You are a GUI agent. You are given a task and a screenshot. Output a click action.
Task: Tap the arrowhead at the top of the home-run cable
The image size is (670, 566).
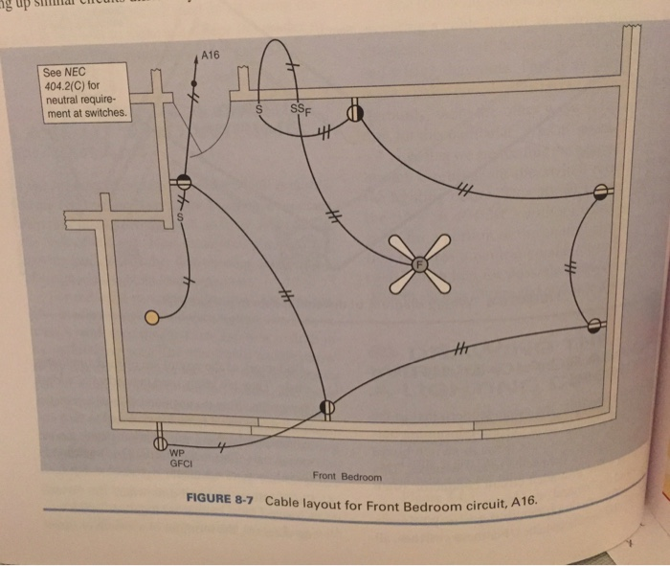coord(196,59)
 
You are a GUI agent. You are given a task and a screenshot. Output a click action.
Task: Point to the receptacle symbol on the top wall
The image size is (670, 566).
coord(356,112)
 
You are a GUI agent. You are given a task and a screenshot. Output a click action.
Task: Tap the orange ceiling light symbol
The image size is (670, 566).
coord(151,317)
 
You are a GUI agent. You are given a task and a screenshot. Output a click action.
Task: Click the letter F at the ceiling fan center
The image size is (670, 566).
coord(418,261)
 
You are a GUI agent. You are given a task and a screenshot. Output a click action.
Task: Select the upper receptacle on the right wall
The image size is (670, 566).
coord(600,192)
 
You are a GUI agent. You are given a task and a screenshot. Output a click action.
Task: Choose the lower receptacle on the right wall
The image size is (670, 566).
coord(594,326)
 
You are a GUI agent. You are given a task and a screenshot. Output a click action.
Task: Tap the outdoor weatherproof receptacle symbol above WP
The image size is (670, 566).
coord(160,444)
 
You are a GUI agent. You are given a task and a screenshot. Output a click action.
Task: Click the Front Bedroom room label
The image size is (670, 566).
coord(346,476)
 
